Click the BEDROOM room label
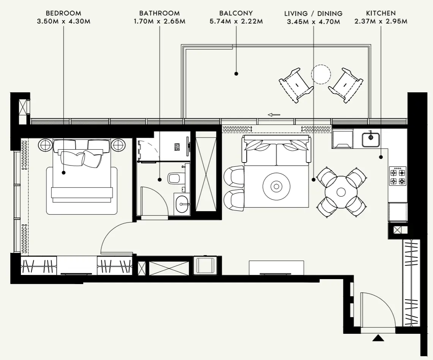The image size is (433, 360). point(63,13)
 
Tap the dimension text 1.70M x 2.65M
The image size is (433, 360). point(159,21)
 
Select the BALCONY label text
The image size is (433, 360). point(236,13)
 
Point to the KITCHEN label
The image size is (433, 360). point(381,13)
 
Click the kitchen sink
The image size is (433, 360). point(370,139)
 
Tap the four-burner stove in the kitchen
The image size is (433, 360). point(398,176)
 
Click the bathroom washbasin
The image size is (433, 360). point(183,204)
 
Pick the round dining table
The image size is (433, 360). point(341,192)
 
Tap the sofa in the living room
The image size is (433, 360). point(277,150)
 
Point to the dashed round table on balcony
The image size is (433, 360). point(321,74)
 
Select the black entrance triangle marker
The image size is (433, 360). point(378,338)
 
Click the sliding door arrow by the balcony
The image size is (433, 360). point(274,114)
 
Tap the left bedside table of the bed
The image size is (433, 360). point(45,145)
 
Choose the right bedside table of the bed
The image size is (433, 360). point(118,145)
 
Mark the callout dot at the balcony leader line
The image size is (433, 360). point(236,74)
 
